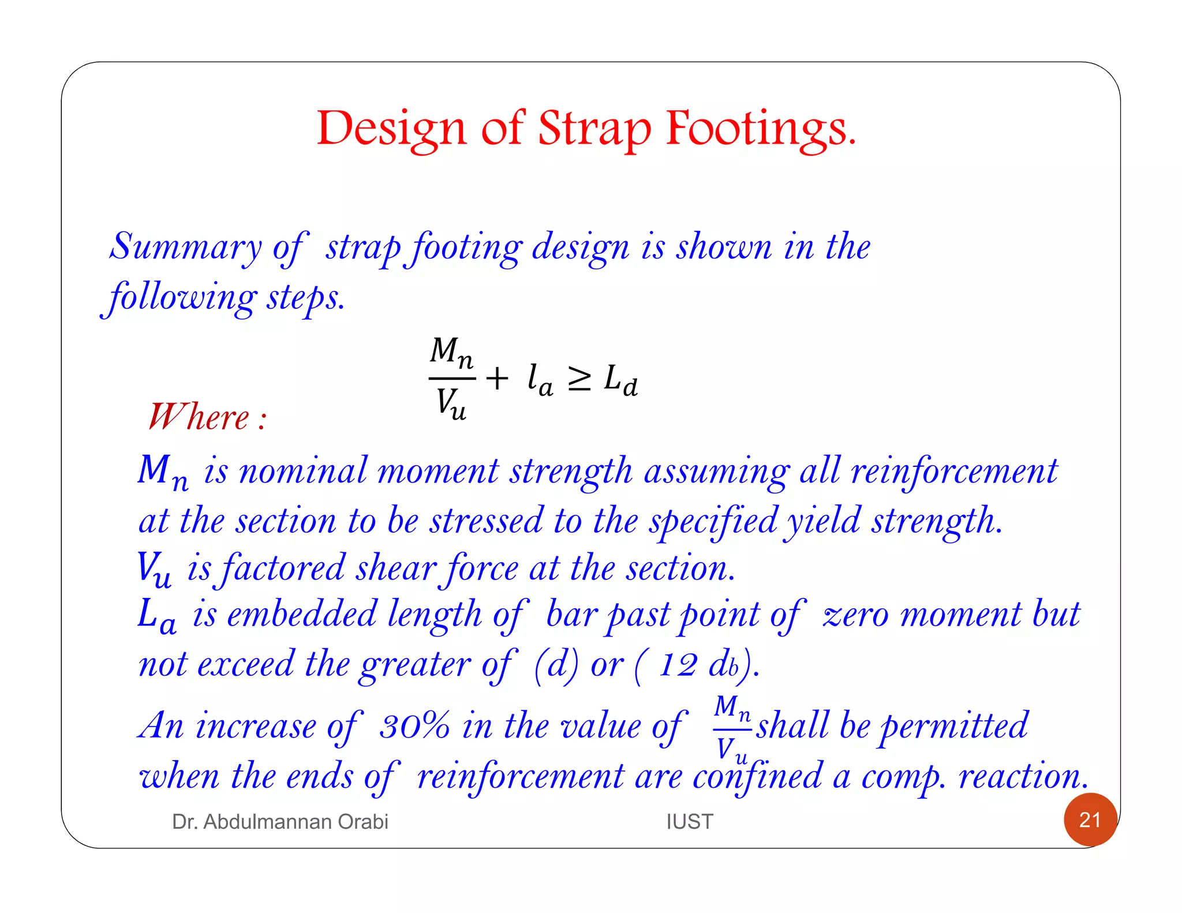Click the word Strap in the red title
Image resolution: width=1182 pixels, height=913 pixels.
[x=594, y=128]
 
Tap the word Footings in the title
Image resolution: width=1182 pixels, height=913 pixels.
[x=761, y=128]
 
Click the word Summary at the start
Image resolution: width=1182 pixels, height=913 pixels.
[x=186, y=247]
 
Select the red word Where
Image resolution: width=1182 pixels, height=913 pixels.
[x=199, y=417]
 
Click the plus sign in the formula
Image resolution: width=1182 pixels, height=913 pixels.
[x=497, y=379]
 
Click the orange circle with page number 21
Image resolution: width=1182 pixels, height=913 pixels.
[x=1090, y=820]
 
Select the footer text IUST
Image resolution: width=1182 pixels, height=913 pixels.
[x=690, y=821]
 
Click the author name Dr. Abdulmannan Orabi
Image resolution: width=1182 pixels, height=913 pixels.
[x=280, y=821]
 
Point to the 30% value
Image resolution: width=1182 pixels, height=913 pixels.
[x=414, y=725]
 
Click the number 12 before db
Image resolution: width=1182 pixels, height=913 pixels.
[x=678, y=665]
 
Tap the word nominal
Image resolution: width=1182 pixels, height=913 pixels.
[x=303, y=471]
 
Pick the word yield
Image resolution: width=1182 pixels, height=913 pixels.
[x=824, y=521]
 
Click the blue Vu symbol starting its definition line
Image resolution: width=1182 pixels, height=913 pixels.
[x=154, y=568]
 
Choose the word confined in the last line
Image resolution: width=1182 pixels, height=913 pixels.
[x=757, y=776]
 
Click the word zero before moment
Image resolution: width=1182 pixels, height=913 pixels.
[x=855, y=614]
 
